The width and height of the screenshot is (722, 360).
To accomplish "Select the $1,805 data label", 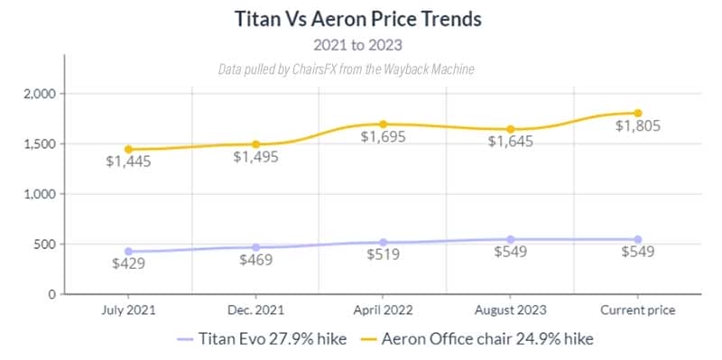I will [638, 127].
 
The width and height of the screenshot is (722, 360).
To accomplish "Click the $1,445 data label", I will [128, 162].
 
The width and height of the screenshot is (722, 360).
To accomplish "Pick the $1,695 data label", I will [383, 138].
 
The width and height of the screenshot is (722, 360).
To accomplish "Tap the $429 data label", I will [128, 264].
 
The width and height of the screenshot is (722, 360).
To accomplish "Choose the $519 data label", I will [383, 256].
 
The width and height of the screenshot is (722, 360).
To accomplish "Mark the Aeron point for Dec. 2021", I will [255, 144].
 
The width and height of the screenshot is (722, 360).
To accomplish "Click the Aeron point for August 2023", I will [511, 129].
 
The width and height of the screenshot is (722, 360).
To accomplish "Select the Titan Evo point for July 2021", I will [128, 251].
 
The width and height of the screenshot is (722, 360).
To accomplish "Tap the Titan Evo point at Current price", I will [638, 239].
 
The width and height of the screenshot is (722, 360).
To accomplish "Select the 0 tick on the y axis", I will [52, 294].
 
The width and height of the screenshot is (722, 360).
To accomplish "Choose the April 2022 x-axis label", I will [383, 309].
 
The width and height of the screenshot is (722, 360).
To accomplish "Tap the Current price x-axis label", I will [638, 309].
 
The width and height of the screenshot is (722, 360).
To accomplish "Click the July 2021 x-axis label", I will [128, 309].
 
